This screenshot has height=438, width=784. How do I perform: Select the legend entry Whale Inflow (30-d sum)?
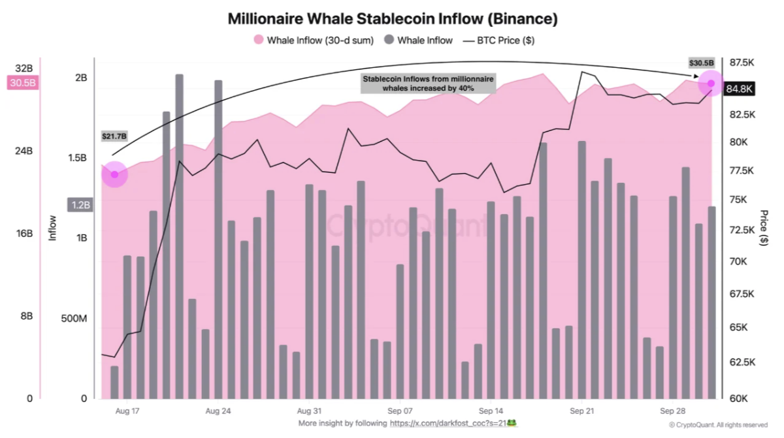click(x=314, y=40)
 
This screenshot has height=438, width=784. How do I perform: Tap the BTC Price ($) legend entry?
click(x=498, y=40)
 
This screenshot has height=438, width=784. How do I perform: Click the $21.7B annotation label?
click(x=114, y=136)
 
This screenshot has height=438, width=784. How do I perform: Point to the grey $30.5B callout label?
click(x=701, y=63)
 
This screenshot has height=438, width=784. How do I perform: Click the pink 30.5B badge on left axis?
click(x=23, y=83)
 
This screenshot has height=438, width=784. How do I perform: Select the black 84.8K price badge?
click(x=739, y=89)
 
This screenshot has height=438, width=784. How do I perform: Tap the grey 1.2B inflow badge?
click(x=80, y=205)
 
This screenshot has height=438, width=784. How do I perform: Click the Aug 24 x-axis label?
click(x=218, y=411)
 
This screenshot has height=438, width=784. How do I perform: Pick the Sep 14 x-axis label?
click(x=491, y=411)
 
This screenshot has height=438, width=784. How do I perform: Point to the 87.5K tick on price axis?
click(x=742, y=63)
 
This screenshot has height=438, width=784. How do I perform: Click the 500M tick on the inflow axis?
click(x=74, y=319)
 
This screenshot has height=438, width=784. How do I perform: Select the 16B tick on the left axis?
click(x=24, y=233)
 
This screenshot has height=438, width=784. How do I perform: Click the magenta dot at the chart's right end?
click(x=711, y=83)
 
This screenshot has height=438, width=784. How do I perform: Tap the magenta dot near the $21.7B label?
click(x=114, y=174)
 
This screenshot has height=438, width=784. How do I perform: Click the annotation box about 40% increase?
click(x=428, y=84)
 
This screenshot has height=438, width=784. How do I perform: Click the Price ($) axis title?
click(x=764, y=228)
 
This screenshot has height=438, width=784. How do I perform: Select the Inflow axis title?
click(x=52, y=228)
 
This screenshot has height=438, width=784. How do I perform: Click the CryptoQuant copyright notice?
click(x=718, y=425)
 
